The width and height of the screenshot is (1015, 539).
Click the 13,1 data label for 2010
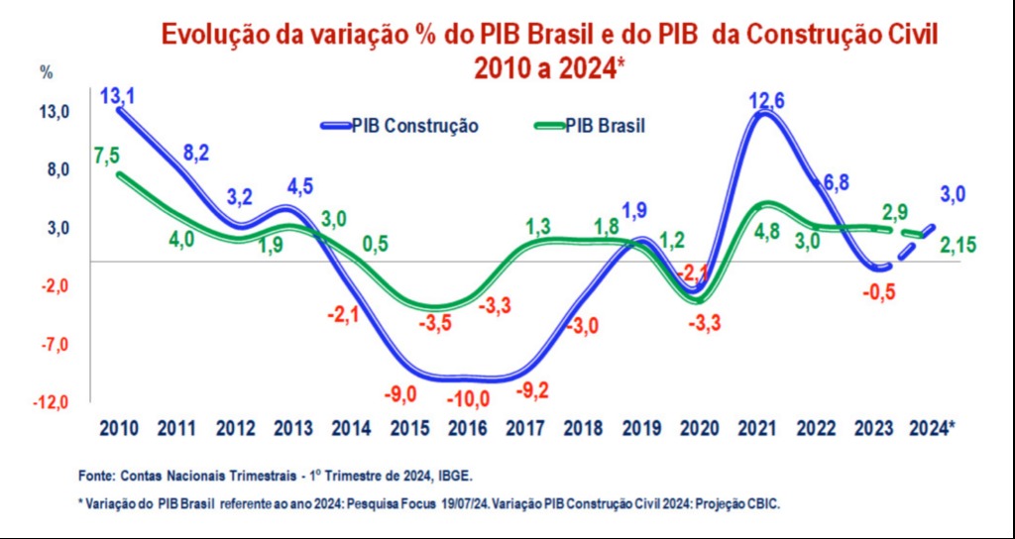pyautogui.click(x=118, y=96)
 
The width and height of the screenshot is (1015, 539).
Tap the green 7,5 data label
pyautogui.click(x=107, y=156)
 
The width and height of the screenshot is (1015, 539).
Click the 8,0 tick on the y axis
pyautogui.click(x=56, y=169)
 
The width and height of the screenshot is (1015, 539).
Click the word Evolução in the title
pyautogui.click(x=218, y=34)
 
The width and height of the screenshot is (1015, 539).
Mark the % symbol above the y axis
pyautogui.click(x=46, y=71)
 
